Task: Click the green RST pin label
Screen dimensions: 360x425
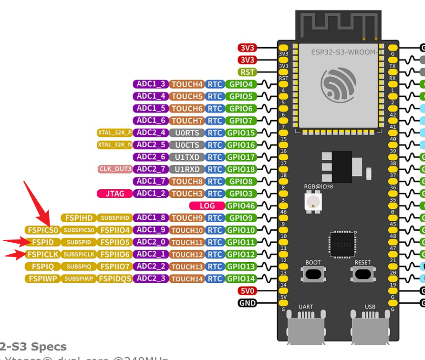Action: click(x=248, y=72)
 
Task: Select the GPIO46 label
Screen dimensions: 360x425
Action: click(x=240, y=206)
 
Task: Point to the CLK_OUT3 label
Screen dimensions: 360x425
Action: click(x=115, y=169)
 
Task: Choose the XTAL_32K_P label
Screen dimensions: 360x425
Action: click(x=114, y=133)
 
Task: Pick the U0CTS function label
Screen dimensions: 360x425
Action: click(x=187, y=145)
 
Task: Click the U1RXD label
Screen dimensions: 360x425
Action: click(x=187, y=169)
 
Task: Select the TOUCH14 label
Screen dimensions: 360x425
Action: click(x=187, y=278)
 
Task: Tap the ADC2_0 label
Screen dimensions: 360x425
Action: click(x=151, y=242)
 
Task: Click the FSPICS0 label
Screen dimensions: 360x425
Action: click(x=43, y=230)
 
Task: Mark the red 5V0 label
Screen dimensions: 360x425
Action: click(x=248, y=291)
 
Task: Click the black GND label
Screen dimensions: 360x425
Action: click(x=248, y=303)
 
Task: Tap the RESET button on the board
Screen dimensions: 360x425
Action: click(x=363, y=274)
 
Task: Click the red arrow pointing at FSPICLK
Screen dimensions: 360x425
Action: click(x=16, y=255)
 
